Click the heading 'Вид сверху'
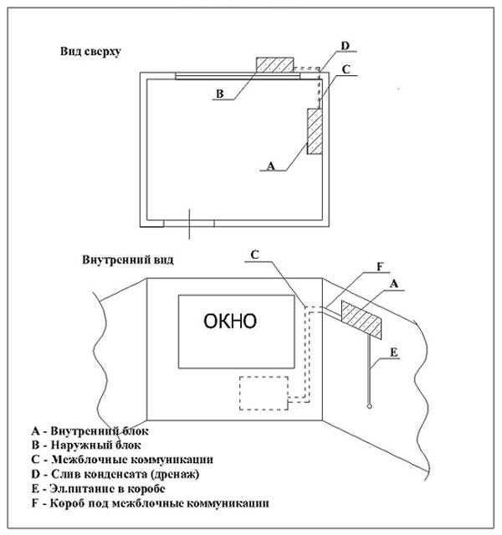coord(90,52)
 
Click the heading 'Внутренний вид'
coord(128,260)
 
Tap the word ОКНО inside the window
coord(230,321)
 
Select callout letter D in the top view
coord(345,46)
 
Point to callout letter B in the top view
coord(220,94)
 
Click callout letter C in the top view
coord(346,69)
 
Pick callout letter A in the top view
coord(270,166)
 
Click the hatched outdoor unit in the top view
coord(275,64)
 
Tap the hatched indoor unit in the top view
coord(315,131)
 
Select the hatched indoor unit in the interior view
coord(361,320)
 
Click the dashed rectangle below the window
coord(264,393)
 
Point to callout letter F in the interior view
coord(380,267)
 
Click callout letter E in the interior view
coord(393,352)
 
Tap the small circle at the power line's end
coord(369,406)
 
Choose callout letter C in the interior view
coord(254,255)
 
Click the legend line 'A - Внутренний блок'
coord(90,431)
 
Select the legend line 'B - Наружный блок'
coord(86,445)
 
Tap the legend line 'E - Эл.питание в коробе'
coord(98,489)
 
